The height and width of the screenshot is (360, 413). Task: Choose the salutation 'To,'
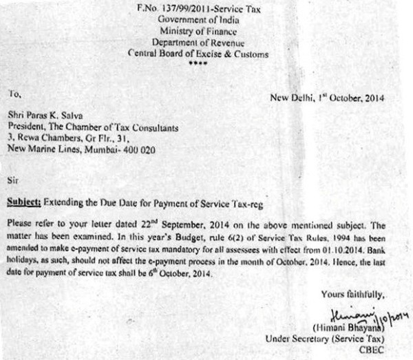coord(14,94)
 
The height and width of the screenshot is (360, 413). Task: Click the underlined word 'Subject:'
coord(25,203)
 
